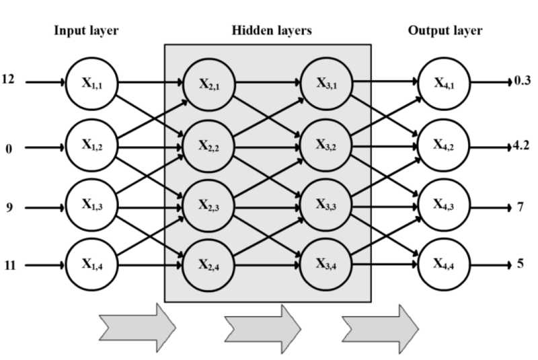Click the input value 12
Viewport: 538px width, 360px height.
(x=8, y=80)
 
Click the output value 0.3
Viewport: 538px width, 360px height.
(x=521, y=81)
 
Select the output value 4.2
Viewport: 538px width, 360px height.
(x=521, y=143)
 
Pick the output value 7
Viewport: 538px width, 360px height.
(x=521, y=207)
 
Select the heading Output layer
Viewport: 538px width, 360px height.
(x=445, y=31)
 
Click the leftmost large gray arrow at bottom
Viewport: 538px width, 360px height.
(x=137, y=328)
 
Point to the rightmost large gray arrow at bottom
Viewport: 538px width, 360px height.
(x=381, y=328)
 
